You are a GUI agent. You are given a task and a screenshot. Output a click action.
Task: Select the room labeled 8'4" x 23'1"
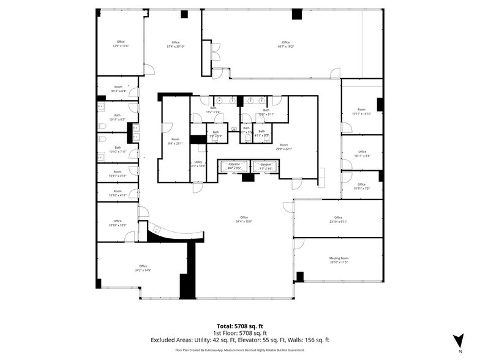coord(176,143)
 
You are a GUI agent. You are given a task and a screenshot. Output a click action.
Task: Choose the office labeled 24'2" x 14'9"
coord(143,270)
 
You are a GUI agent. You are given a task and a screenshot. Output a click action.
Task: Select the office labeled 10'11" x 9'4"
coord(362,156)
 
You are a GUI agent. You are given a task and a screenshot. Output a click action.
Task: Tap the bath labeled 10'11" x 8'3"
coord(117,119)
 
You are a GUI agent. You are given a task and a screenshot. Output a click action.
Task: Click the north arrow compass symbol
coord(458,343)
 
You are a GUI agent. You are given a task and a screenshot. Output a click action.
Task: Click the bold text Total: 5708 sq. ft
coord(240,326)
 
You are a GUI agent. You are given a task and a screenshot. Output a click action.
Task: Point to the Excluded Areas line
coord(240,339)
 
